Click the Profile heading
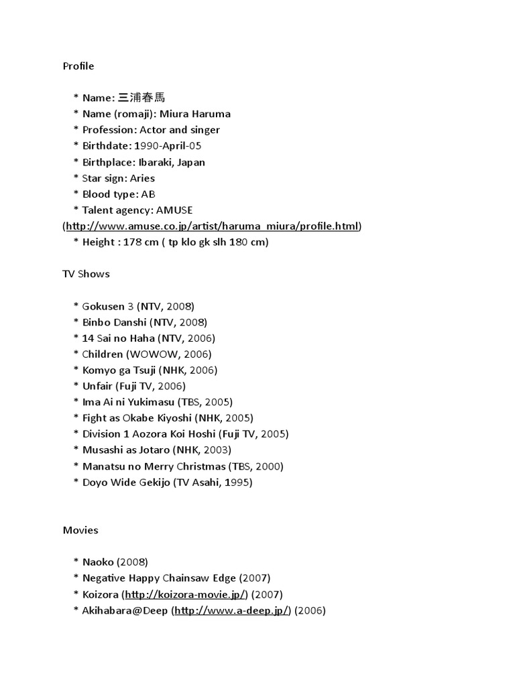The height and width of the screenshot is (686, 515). tap(78, 66)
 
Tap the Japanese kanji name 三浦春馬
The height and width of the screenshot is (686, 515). tap(141, 98)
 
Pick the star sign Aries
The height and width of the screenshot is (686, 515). tap(142, 178)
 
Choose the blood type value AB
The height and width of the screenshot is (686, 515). tap(148, 194)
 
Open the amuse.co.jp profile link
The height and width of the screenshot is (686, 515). tap(212, 226)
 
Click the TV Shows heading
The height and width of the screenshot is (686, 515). tap(86, 274)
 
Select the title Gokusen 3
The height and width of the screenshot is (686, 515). tap(108, 306)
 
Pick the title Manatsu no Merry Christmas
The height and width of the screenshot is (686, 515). tap(154, 466)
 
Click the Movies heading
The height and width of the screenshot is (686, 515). tap(80, 530)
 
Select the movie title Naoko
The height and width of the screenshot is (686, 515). tap(98, 562)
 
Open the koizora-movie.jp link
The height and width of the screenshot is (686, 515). tap(186, 594)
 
